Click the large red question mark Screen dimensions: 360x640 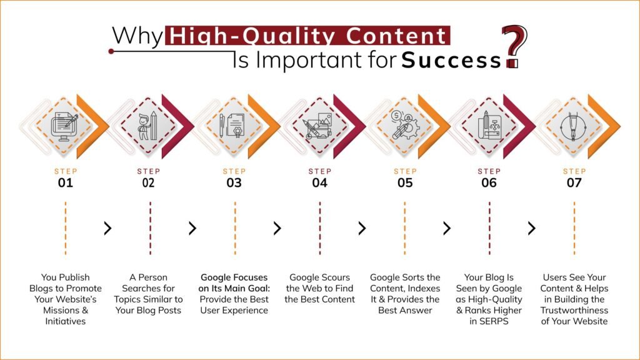tap(515, 44)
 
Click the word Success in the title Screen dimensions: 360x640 tap(451, 61)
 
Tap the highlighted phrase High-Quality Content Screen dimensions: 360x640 tap(307, 36)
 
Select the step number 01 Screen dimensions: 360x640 tap(65, 183)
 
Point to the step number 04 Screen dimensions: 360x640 tap(319, 183)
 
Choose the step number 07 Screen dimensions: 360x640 tap(574, 183)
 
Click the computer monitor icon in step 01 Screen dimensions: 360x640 tap(65, 124)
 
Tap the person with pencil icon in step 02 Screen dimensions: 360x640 tap(149, 126)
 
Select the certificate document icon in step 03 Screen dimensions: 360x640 tap(235, 125)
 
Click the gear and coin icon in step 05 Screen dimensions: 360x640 tap(404, 125)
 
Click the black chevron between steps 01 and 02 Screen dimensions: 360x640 tap(107, 229)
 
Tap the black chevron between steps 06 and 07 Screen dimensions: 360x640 tap(531, 229)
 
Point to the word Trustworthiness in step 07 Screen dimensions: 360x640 tap(574, 311)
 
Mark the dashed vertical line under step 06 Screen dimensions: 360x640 tap(489, 229)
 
